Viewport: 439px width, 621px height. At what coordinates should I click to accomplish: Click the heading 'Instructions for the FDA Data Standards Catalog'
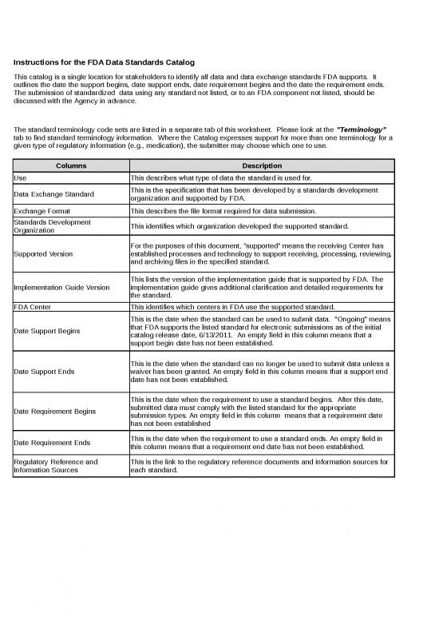coord(105,63)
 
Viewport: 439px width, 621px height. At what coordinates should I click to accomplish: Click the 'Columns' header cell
coord(70,165)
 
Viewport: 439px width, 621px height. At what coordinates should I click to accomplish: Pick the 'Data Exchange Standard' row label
coord(53,194)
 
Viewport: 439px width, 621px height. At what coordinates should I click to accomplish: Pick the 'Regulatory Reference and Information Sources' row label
coord(56,466)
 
